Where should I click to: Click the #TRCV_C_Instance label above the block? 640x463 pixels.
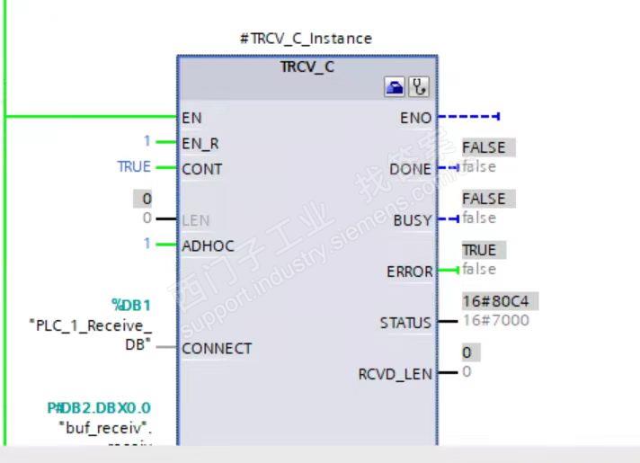[x=307, y=39]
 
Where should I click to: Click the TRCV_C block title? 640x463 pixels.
[x=307, y=66]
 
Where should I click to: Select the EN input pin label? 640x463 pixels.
[x=191, y=117]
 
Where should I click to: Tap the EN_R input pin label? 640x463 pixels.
[x=200, y=143]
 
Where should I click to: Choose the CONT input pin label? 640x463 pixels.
[x=202, y=168]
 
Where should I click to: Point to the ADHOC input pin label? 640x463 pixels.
[x=207, y=244]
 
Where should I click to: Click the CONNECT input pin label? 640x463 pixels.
[x=217, y=348]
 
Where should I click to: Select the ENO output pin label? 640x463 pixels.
[x=416, y=118]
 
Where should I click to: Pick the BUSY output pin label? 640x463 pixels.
[x=413, y=220]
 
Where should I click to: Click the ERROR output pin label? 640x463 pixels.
[x=410, y=272]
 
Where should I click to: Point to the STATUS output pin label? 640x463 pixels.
[x=405, y=323]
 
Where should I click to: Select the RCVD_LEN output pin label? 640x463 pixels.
[x=395, y=374]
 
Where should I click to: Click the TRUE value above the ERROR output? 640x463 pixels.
[x=479, y=250]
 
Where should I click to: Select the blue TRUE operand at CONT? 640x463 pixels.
[x=134, y=167]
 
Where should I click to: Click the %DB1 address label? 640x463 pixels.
[x=130, y=306]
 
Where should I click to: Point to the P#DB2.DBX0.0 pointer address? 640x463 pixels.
[x=99, y=408]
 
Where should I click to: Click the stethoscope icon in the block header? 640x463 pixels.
[x=419, y=87]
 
